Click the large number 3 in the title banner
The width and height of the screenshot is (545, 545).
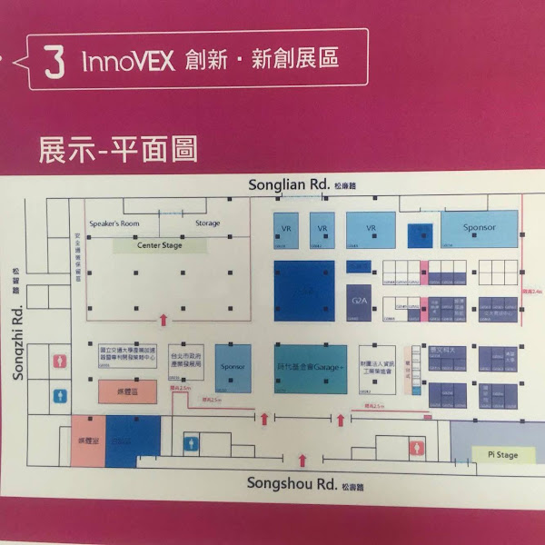(54, 62)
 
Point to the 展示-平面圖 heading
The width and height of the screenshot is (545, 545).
(117, 148)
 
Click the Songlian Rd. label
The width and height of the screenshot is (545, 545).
(289, 184)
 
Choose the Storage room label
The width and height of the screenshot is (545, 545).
(208, 224)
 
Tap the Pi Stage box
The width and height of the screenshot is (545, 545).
(496, 454)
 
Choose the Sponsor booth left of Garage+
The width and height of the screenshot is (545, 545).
(233, 368)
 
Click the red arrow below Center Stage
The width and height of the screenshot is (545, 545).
(163, 318)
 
